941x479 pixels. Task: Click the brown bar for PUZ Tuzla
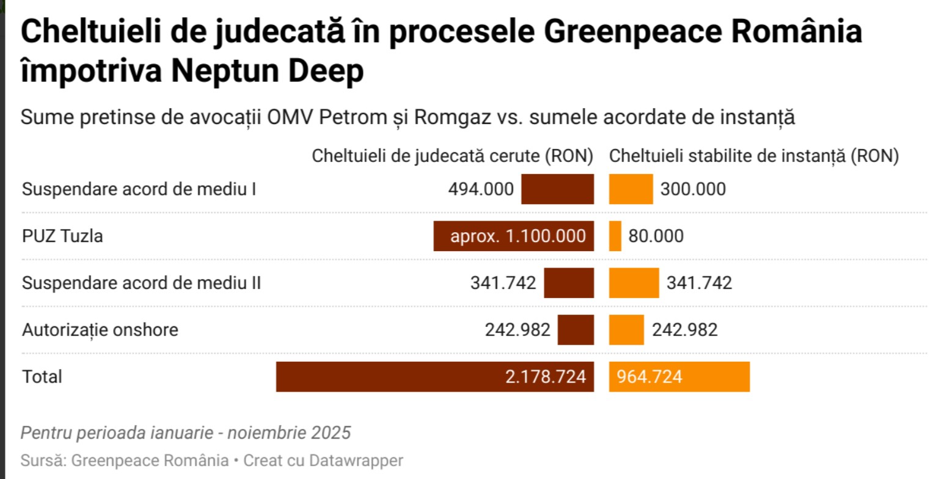point(513,236)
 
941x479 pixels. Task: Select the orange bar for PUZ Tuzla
point(615,236)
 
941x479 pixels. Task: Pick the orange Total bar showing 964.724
point(679,376)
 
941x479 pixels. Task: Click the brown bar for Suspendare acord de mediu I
point(557,189)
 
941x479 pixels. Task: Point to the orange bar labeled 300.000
point(631,189)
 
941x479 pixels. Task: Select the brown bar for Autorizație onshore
point(576,330)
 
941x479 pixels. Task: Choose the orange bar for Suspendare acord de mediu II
point(634,283)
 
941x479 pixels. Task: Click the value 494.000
point(481,189)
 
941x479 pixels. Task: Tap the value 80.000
point(656,236)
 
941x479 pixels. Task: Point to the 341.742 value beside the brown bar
point(503,283)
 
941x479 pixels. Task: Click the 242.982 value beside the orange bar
point(685,331)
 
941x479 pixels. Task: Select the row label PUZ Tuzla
point(62,236)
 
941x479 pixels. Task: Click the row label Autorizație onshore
point(100,331)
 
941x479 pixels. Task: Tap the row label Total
point(42,377)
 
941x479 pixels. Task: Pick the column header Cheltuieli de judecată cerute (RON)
point(453,156)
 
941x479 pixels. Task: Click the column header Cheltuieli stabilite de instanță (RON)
point(754,156)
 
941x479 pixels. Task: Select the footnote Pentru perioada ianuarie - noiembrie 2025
point(186,433)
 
